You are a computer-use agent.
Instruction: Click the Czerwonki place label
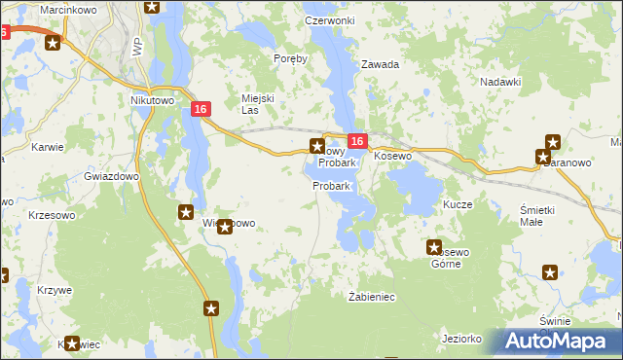(x=329, y=19)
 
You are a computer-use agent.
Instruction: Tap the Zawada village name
(x=381, y=64)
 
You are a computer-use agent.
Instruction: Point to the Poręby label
(x=290, y=58)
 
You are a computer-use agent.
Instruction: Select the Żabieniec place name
(x=370, y=296)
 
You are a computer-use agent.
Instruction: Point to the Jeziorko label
(x=461, y=339)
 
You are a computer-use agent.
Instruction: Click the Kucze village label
(x=458, y=205)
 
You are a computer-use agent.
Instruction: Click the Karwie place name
(x=47, y=148)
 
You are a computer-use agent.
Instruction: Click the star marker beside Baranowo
(x=542, y=157)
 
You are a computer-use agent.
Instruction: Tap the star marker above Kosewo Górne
(x=434, y=248)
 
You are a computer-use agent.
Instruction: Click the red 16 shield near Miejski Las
(x=201, y=110)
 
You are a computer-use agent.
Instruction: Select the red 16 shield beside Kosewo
(x=357, y=142)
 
